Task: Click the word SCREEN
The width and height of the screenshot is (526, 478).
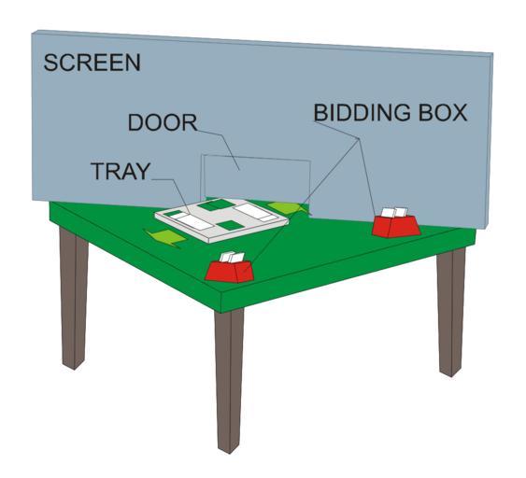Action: click(x=92, y=63)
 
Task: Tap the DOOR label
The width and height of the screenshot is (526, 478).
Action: click(x=163, y=122)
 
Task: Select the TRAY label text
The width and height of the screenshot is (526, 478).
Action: click(x=121, y=171)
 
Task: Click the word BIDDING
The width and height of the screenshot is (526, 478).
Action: click(x=362, y=113)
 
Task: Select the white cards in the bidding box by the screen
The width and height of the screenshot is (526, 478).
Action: click(x=394, y=213)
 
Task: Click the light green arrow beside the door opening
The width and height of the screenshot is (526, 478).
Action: click(x=288, y=208)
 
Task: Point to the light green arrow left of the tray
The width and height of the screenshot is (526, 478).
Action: click(x=164, y=238)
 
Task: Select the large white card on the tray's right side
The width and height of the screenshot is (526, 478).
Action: click(x=251, y=211)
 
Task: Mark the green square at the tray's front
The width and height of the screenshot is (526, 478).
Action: click(x=230, y=225)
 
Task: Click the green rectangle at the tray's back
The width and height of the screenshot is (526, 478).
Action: click(x=216, y=204)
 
